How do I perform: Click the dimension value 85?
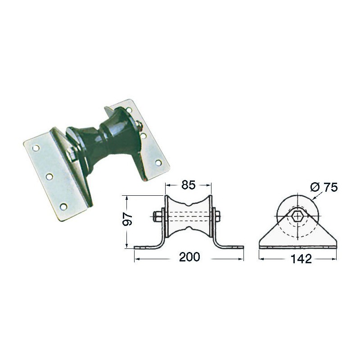coord(188,185)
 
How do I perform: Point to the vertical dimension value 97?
coord(127,219)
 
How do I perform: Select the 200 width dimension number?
coord(189,257)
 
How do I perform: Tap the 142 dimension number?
coord(301,259)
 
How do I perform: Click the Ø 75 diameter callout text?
coord(324,187)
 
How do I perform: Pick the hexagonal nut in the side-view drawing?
coord(297,216)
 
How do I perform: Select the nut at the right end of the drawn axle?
coord(217,216)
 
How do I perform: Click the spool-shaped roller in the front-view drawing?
coord(188,216)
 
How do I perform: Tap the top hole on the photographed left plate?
coord(36,148)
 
